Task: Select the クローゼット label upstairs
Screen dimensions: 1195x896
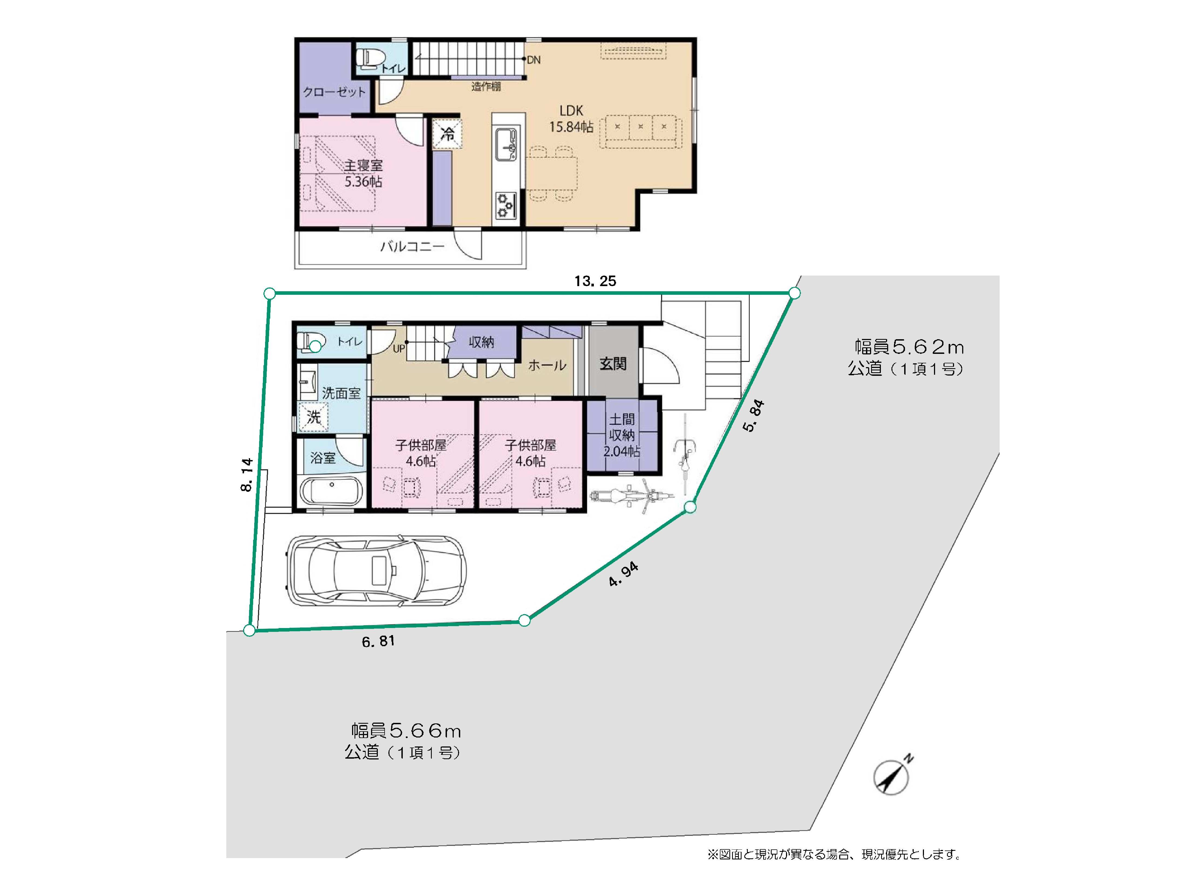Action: pyautogui.click(x=334, y=92)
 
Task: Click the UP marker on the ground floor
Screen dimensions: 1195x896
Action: pyautogui.click(x=399, y=349)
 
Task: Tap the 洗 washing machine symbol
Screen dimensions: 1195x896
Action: pyautogui.click(x=313, y=417)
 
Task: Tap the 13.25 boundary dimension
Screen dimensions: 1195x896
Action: pyautogui.click(x=595, y=281)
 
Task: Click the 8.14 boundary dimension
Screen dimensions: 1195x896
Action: pyautogui.click(x=246, y=475)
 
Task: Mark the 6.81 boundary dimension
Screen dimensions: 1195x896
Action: pyautogui.click(x=378, y=642)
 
